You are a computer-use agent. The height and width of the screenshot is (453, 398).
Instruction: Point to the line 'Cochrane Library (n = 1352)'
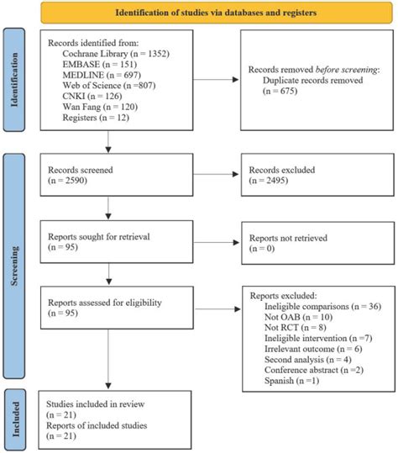point(113,52)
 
